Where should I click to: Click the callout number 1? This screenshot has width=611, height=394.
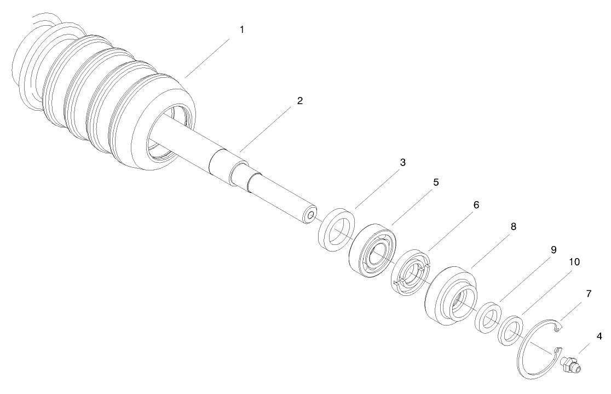click(241, 29)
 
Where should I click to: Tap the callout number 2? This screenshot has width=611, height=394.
click(299, 101)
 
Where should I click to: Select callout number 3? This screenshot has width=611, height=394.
click(402, 163)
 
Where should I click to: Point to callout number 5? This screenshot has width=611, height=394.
click(436, 182)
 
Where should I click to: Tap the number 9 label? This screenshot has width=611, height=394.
click(554, 249)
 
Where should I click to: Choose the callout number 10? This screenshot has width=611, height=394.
click(574, 262)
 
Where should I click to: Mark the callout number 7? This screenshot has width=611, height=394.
click(589, 293)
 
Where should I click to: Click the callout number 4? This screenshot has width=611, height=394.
click(600, 335)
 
